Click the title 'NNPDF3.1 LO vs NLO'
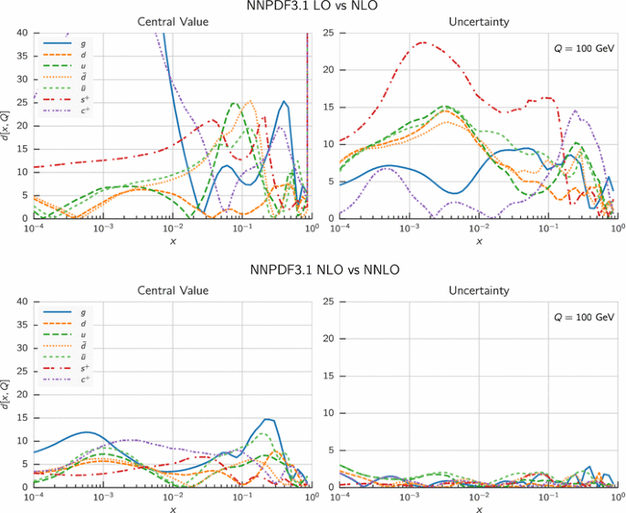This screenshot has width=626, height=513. click(313, 6)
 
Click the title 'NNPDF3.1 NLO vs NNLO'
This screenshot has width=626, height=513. click(313, 270)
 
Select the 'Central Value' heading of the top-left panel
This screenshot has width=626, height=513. click(173, 21)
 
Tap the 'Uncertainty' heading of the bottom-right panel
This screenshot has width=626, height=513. click(479, 290)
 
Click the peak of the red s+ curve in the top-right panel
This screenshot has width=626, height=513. click(423, 42)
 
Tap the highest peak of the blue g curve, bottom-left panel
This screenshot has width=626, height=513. click(268, 419)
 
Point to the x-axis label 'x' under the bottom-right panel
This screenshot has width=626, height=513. click(479, 508)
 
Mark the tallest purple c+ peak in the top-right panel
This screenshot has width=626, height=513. click(576, 111)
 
